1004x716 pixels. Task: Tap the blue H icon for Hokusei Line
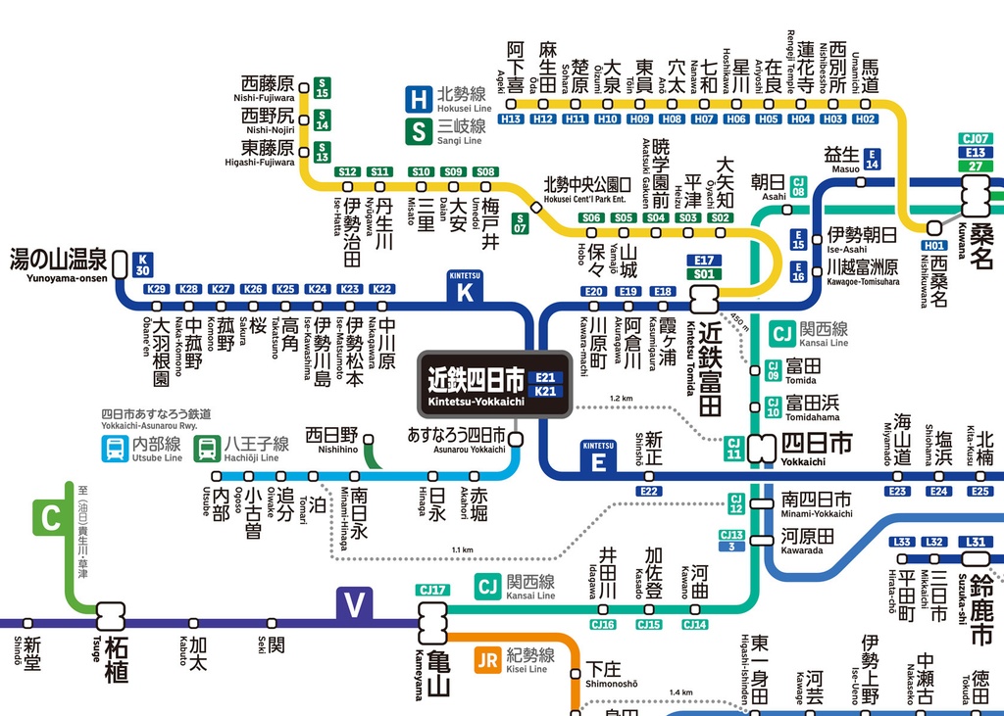tap(419, 98)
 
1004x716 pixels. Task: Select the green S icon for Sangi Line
tap(419, 130)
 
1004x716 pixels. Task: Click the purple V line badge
tap(355, 606)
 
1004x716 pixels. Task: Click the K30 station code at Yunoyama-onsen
tap(143, 264)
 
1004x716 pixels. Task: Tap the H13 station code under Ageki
tap(512, 119)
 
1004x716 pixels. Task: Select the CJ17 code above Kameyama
tap(432, 590)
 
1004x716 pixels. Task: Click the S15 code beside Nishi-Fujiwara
tap(322, 89)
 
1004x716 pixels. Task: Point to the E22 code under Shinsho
tap(649, 491)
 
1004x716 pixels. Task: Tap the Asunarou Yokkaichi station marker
tap(516, 440)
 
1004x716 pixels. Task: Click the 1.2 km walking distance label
tap(622, 399)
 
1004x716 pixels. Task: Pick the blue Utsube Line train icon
tap(115, 450)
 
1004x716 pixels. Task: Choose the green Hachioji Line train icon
tap(207, 450)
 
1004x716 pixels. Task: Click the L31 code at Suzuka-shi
tap(975, 542)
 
